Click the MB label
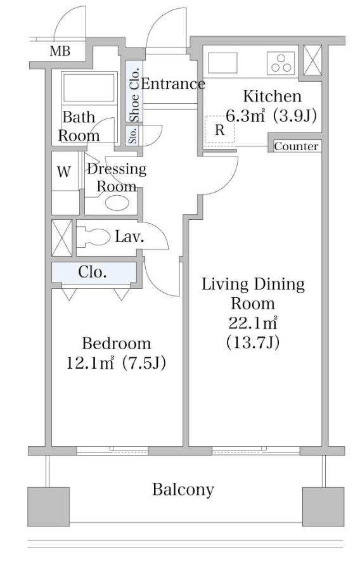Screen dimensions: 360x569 [60, 51]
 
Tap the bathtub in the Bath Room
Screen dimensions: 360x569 [89, 87]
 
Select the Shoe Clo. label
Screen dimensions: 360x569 [134, 94]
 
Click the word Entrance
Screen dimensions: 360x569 [173, 84]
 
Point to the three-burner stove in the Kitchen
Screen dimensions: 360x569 [281, 63]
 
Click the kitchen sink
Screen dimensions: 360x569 [222, 63]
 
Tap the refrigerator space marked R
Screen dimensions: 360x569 [220, 129]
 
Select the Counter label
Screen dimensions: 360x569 [296, 146]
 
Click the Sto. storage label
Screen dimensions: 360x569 [134, 136]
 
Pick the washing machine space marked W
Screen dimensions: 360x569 [65, 171]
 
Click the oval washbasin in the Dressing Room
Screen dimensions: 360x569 [117, 203]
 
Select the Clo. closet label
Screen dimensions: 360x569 [92, 272]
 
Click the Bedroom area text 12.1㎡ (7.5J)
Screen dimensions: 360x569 [116, 362]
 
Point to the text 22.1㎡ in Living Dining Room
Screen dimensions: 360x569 [253, 323]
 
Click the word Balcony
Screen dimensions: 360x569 [183, 489]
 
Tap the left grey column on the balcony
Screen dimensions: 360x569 [49, 507]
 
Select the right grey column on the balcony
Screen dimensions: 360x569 [323, 507]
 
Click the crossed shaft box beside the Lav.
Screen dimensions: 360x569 [62, 238]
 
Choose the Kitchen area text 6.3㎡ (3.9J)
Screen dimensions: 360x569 [271, 116]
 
